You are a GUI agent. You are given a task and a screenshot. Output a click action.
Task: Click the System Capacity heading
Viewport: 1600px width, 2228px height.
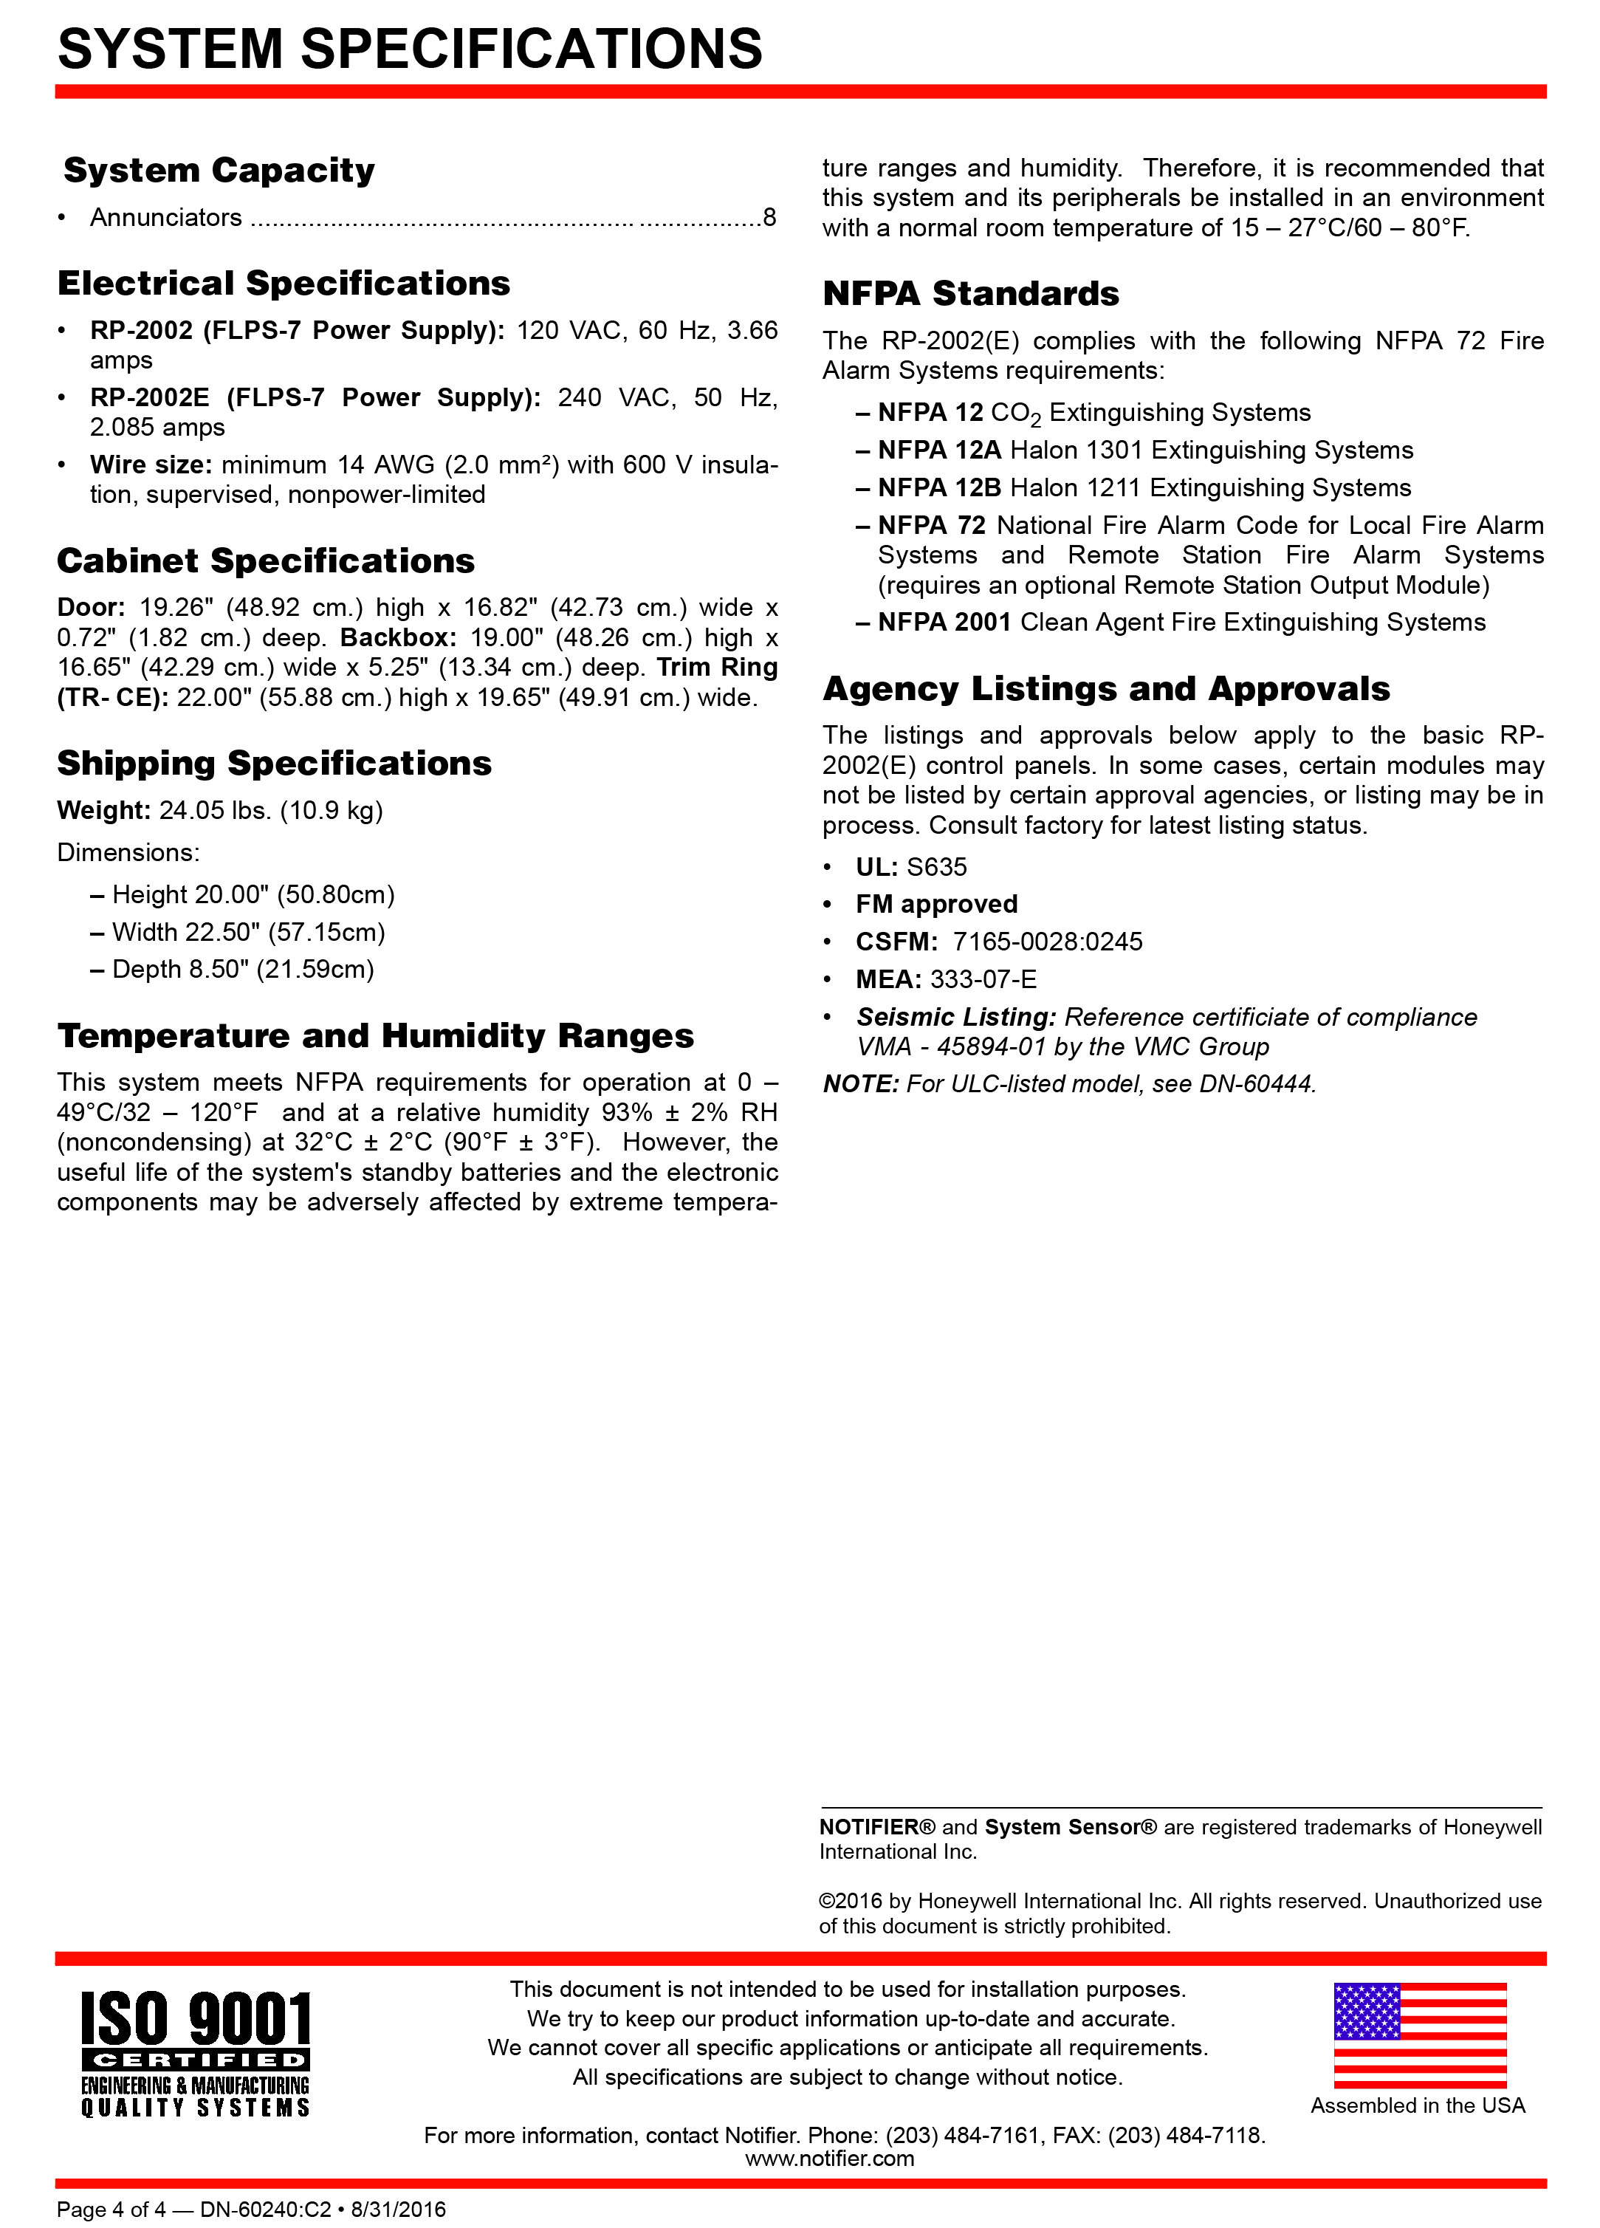219,171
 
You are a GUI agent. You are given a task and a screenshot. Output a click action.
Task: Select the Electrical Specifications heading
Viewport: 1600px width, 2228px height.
284,284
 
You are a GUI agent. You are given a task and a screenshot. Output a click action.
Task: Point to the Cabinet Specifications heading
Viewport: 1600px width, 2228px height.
267,561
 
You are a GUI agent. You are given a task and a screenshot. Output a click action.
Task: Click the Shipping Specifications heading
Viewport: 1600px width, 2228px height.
274,764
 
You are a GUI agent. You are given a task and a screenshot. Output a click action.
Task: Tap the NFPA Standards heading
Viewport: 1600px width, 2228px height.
970,294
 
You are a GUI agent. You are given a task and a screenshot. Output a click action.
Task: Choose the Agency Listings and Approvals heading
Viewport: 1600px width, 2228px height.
1106,689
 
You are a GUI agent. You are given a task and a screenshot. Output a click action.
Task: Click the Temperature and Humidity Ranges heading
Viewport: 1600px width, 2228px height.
375,1035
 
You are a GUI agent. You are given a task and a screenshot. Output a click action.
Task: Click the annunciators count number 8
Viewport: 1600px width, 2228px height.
769,217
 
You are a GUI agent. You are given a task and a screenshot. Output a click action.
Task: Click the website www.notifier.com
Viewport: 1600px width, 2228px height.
829,2159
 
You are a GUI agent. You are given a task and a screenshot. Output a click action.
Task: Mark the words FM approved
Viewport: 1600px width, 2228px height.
936,905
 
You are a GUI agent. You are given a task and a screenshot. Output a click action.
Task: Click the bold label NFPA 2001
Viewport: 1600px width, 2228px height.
944,623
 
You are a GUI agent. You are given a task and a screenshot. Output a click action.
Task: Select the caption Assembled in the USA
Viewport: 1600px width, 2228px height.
1418,2105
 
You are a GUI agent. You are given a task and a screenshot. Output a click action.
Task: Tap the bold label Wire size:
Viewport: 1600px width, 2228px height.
151,465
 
